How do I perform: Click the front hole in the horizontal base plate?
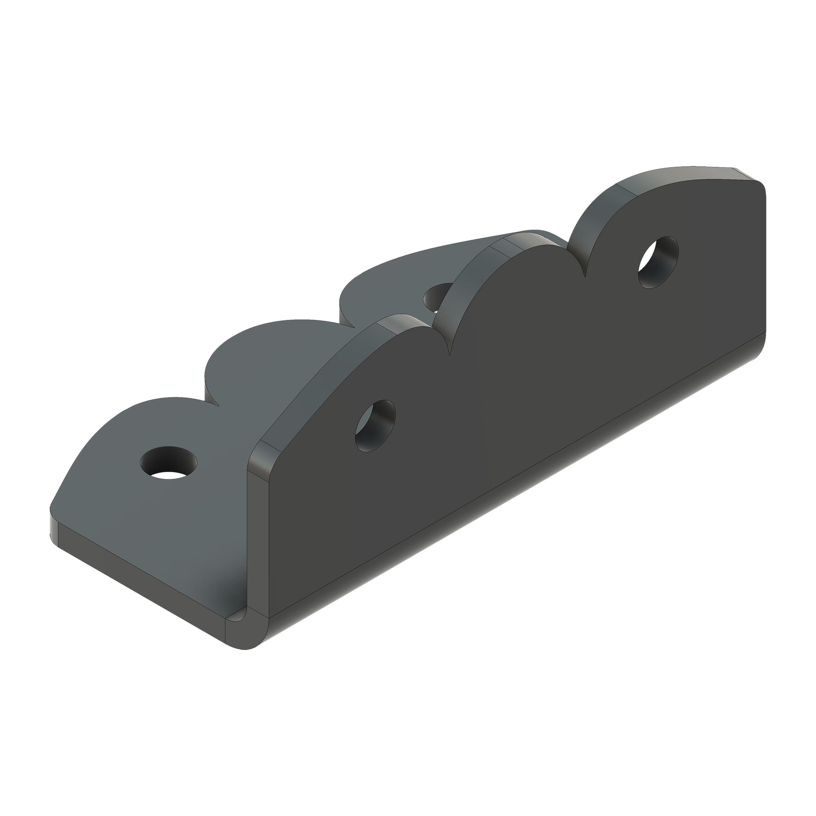tap(168, 463)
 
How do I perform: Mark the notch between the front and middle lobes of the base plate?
tap(214, 403)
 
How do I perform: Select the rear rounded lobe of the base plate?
tap(403, 270)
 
